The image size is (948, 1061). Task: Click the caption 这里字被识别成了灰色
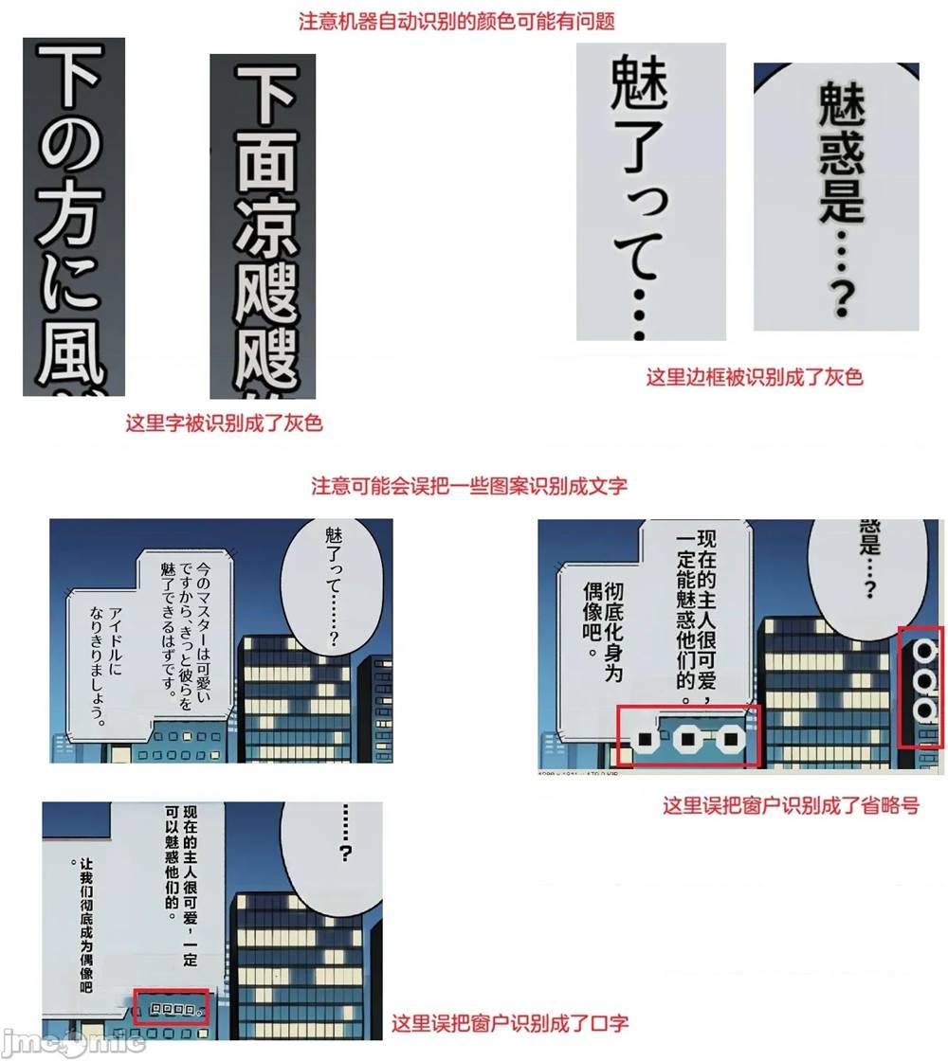[224, 423]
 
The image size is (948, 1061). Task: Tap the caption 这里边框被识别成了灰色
[755, 377]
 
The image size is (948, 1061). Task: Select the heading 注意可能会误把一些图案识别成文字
[469, 486]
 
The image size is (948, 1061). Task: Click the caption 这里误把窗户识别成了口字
[510, 1022]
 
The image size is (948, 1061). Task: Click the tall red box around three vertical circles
[921, 686]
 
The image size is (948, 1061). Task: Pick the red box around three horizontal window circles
[687, 736]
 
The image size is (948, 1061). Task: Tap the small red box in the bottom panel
[171, 1007]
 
